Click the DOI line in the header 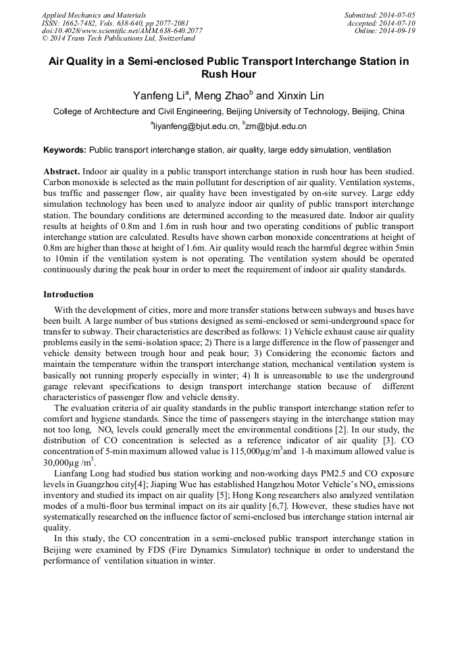click(x=122, y=31)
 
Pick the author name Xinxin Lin click(x=300, y=96)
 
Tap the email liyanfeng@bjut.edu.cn click(x=196, y=126)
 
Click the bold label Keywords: click(x=65, y=150)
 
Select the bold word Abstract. click(x=62, y=172)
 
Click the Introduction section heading click(x=68, y=295)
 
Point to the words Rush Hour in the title click(x=229, y=74)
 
